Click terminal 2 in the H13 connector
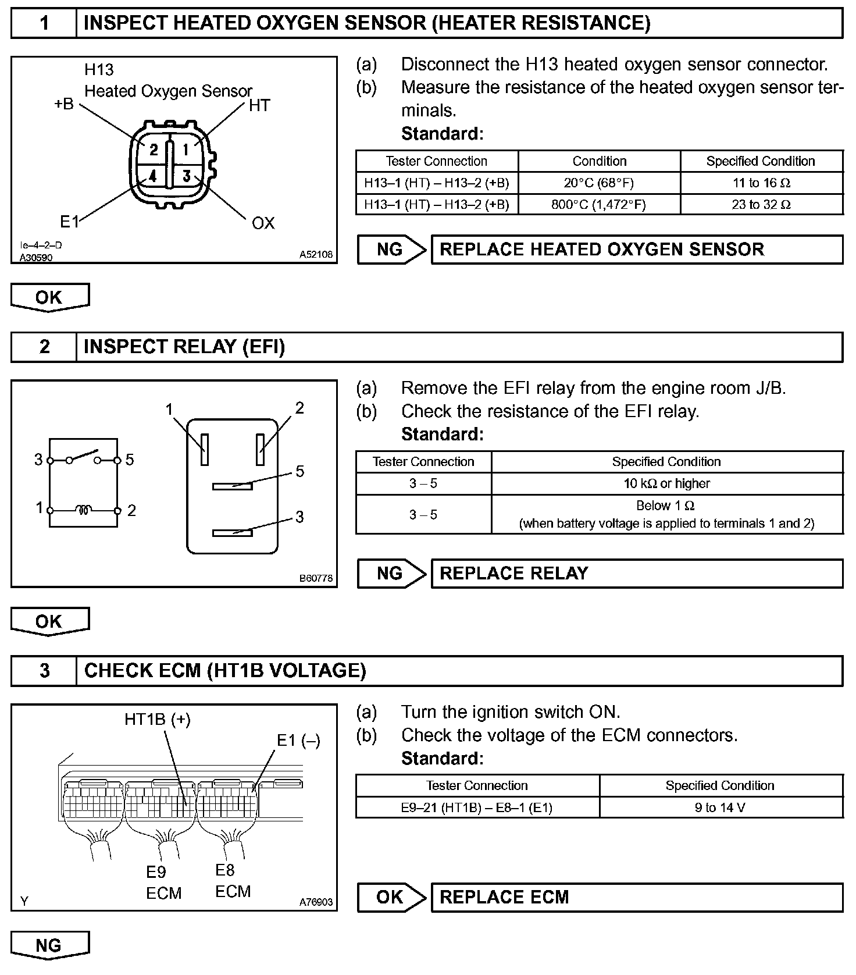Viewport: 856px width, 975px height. [153, 150]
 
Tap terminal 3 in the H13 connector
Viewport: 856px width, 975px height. [186, 175]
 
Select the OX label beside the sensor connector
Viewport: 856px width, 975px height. [263, 223]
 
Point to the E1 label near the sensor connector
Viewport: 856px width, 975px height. [69, 221]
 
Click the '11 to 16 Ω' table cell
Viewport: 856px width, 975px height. [761, 183]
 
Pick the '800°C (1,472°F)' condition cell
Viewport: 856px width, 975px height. [599, 204]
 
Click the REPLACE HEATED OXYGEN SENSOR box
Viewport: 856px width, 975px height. [636, 250]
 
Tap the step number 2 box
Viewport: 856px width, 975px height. [44, 347]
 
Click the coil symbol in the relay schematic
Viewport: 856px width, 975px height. [84, 510]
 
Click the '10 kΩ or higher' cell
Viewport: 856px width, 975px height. [666, 483]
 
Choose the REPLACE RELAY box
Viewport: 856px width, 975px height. [636, 574]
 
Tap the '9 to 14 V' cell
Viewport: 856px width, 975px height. [720, 807]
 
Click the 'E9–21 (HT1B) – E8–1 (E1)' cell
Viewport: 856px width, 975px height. [477, 807]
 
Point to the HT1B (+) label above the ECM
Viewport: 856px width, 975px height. [158, 720]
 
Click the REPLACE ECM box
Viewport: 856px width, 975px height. [636, 897]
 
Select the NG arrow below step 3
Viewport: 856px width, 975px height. [49, 945]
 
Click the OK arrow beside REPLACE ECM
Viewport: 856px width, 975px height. [391, 897]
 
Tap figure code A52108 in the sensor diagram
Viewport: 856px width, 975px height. [316, 254]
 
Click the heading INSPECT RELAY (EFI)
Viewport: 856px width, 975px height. [184, 347]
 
